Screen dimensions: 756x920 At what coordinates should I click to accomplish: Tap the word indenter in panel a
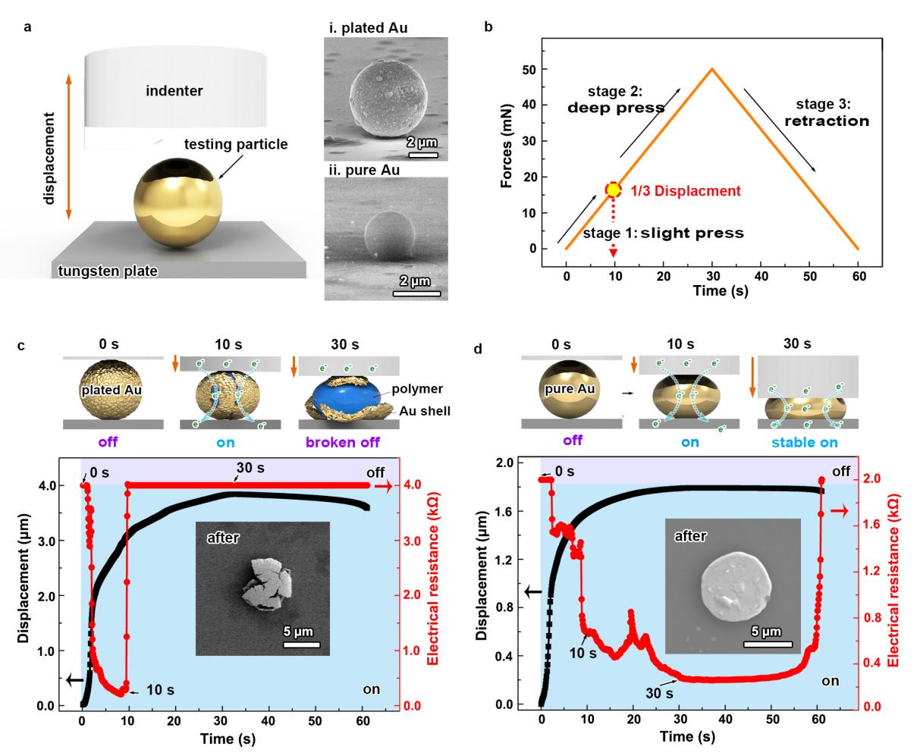tap(177, 91)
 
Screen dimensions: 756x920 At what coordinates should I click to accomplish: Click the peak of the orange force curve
tap(711, 69)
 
